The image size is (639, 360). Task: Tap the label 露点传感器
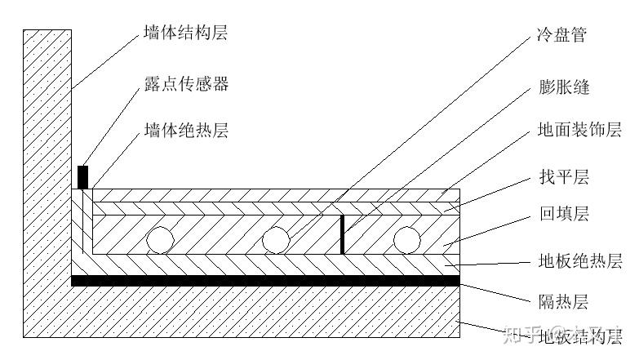[185, 84]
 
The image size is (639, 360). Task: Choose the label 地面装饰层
[579, 130]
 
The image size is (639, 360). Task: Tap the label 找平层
[562, 176]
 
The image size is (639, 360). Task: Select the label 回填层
[562, 215]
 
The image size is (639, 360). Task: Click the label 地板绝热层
[579, 261]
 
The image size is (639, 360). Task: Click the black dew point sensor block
[82, 176]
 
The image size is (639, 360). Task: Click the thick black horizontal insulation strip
[265, 281]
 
